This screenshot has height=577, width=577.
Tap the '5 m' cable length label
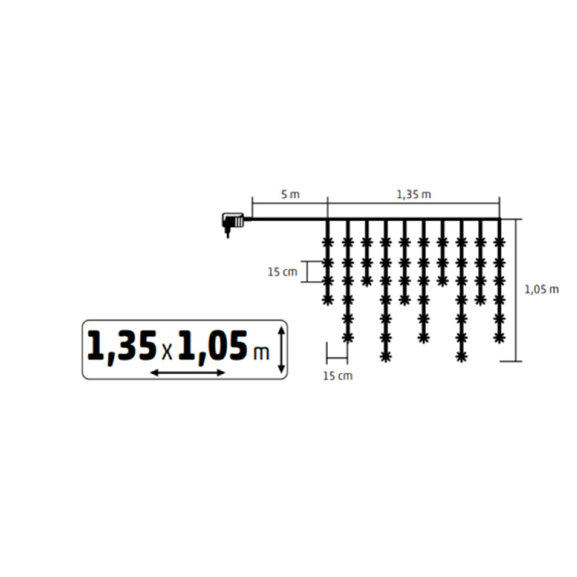(x=290, y=194)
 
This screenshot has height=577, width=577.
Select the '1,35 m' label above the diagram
(x=414, y=194)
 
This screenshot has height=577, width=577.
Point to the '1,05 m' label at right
(x=542, y=289)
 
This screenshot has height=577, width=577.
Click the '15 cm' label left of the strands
(x=282, y=272)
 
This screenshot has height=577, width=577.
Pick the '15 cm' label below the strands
(x=338, y=376)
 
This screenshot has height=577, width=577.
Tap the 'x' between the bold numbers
(x=167, y=352)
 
